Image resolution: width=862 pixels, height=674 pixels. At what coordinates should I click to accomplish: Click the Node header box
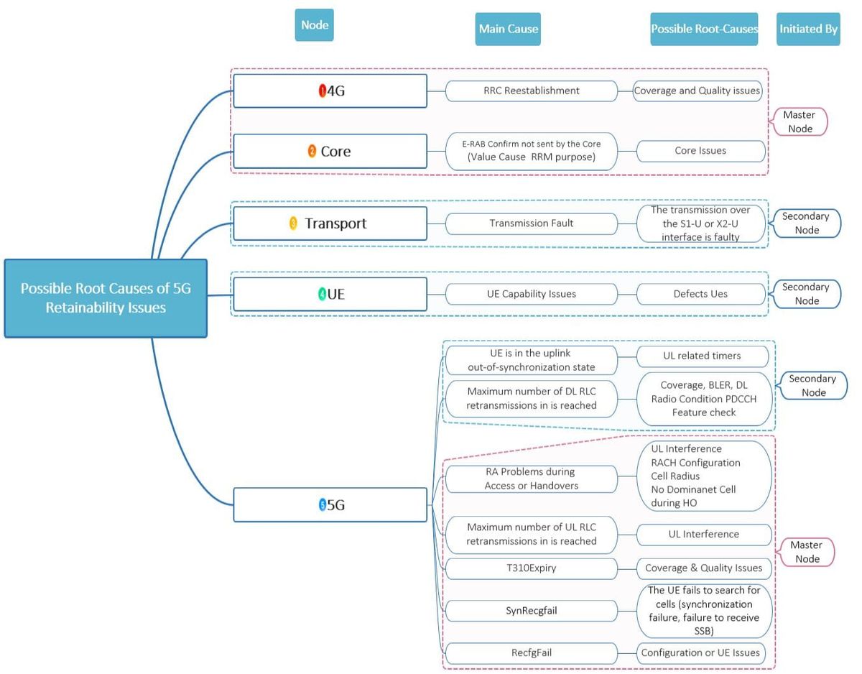pyautogui.click(x=314, y=25)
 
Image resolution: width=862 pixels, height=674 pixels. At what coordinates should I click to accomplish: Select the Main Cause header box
pyautogui.click(x=508, y=29)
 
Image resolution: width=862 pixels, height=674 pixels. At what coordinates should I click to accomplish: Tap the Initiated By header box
pyautogui.click(x=808, y=29)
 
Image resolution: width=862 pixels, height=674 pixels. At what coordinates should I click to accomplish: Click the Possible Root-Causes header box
pyautogui.click(x=704, y=29)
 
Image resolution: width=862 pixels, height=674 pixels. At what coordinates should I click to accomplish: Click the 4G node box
pyautogui.click(x=330, y=91)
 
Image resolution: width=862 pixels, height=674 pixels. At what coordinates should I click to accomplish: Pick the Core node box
pyautogui.click(x=330, y=152)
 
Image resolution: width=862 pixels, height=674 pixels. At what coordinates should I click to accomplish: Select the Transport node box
pyautogui.click(x=330, y=223)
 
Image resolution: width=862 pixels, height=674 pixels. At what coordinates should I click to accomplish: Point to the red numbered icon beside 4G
pyautogui.click(x=323, y=91)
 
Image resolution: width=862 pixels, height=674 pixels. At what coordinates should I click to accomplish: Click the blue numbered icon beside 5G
pyautogui.click(x=323, y=505)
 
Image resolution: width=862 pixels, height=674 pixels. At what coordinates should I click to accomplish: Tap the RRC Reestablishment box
pyautogui.click(x=531, y=91)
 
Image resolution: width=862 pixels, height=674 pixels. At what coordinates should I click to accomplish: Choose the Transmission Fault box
pyautogui.click(x=531, y=223)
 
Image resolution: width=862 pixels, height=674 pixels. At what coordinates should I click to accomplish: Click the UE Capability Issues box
pyautogui.click(x=531, y=294)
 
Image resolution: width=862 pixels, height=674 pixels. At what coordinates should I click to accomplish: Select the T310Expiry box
pyautogui.click(x=531, y=568)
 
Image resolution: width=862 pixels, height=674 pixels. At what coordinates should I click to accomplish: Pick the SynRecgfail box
pyautogui.click(x=531, y=611)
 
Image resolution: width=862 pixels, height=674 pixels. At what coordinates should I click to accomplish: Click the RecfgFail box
pyautogui.click(x=531, y=653)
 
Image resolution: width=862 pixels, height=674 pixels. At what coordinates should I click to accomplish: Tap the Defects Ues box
pyautogui.click(x=700, y=294)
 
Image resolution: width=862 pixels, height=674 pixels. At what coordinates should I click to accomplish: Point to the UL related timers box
pyautogui.click(x=702, y=356)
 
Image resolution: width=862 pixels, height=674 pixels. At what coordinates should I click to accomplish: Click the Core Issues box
pyautogui.click(x=700, y=151)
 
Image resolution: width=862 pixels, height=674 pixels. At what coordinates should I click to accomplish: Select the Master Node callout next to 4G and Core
pyautogui.click(x=800, y=121)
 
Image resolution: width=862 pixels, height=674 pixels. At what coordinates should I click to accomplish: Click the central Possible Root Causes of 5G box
pyautogui.click(x=106, y=298)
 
